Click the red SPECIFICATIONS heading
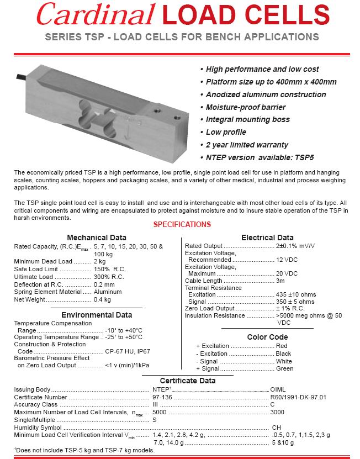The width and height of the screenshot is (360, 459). tap(182, 225)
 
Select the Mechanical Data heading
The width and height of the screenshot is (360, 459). tap(96, 238)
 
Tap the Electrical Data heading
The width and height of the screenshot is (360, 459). tap(267, 238)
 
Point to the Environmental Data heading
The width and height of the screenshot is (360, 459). tap(96, 315)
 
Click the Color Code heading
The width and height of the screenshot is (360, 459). tap(267, 337)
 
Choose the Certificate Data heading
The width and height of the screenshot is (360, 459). tap(187, 381)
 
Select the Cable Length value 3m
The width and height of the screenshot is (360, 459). tap(280, 281)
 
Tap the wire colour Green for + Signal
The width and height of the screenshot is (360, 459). tap(284, 368)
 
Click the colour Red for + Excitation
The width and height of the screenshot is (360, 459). tap(282, 346)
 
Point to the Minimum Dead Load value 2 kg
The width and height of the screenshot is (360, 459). tap(99, 261)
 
